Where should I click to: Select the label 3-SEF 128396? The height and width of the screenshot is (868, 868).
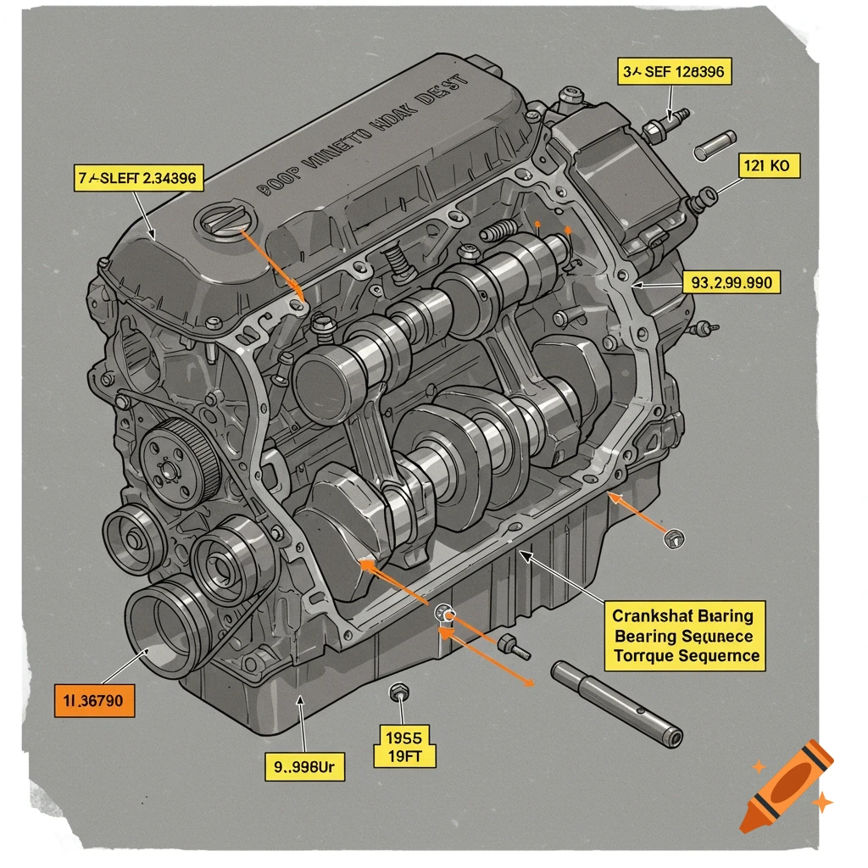click(x=673, y=72)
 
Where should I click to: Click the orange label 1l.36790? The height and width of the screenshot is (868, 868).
click(x=94, y=700)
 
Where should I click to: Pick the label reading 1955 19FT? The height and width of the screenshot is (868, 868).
click(x=404, y=744)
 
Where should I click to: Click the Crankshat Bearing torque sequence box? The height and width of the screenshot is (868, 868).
click(x=683, y=635)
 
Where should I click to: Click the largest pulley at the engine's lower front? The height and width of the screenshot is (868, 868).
click(x=167, y=623)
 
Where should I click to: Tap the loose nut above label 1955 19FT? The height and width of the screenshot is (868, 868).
click(x=398, y=693)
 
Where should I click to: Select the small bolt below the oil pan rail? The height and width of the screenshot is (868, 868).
click(x=514, y=647)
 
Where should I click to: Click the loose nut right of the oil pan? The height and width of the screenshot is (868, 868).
click(x=675, y=537)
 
